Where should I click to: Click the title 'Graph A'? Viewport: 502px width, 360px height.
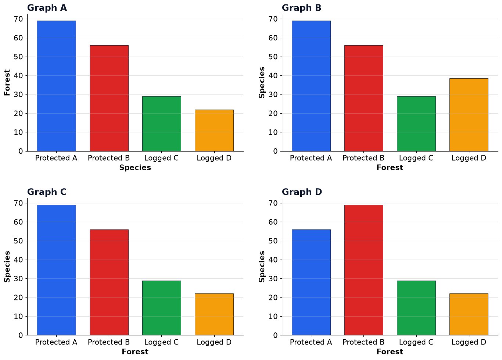pos(47,8)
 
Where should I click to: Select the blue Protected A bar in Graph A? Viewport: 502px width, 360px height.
pos(57,86)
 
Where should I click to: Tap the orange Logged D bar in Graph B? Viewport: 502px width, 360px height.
pos(469,115)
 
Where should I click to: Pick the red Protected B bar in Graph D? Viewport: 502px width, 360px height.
pos(364,270)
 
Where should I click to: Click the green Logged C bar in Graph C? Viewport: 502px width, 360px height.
pos(162,308)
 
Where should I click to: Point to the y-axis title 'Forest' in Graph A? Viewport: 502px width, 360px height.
pos(7,82)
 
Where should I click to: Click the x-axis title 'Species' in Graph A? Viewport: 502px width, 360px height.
pos(135,168)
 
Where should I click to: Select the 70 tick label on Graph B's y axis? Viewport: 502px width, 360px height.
pos(273,19)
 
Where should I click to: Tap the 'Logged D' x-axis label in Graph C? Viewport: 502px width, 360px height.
pos(214,342)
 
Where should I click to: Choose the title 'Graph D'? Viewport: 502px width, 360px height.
pos(302,192)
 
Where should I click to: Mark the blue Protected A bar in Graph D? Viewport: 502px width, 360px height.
pos(311,282)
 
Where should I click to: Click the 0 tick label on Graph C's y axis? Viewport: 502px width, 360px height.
pos(21,335)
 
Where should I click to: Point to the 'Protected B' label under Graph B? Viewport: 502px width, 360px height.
pos(363,158)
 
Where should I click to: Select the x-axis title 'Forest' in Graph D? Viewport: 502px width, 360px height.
pos(390,352)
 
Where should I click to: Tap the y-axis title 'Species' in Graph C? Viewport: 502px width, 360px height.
pos(7,267)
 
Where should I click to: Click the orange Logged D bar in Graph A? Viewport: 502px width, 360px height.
pos(214,131)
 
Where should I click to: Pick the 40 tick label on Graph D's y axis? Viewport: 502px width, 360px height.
pos(273,260)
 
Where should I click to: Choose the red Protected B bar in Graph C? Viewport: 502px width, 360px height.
pos(109,282)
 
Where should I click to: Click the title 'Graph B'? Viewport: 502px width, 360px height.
pos(301,8)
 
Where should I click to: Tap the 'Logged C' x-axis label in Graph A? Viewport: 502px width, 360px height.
pos(161,158)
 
